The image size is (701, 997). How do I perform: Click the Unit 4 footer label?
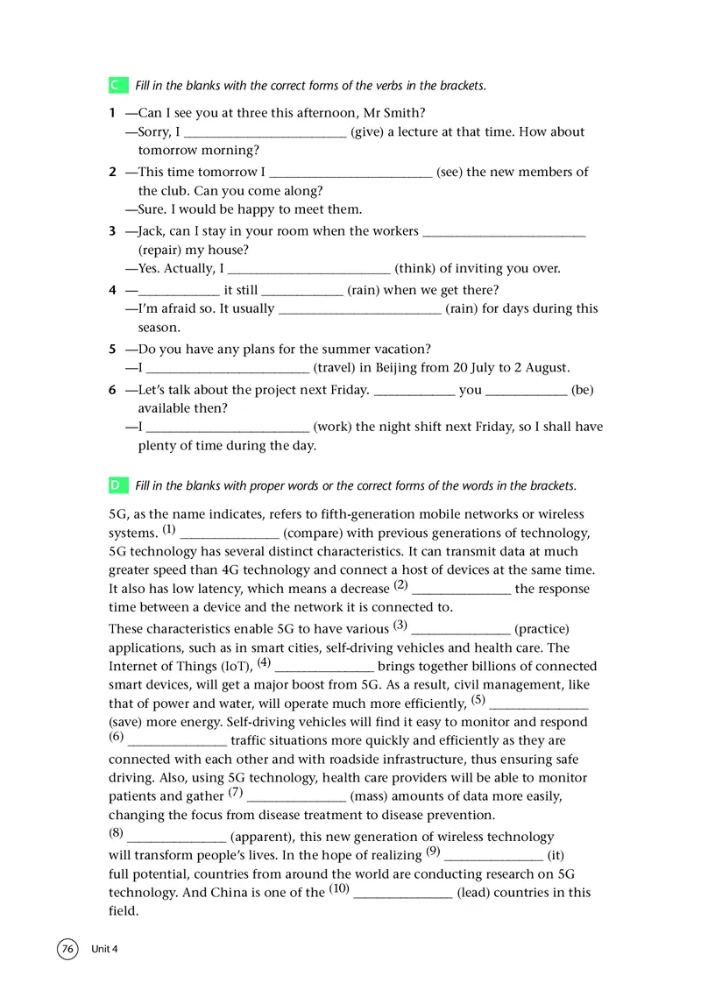click(x=103, y=950)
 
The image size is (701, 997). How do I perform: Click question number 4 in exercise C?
click(x=112, y=290)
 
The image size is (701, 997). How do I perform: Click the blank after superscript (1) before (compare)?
click(x=229, y=534)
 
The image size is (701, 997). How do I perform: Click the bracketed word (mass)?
click(x=369, y=796)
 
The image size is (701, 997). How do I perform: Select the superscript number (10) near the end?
click(x=339, y=889)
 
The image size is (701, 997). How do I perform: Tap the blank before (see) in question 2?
click(x=350, y=173)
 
